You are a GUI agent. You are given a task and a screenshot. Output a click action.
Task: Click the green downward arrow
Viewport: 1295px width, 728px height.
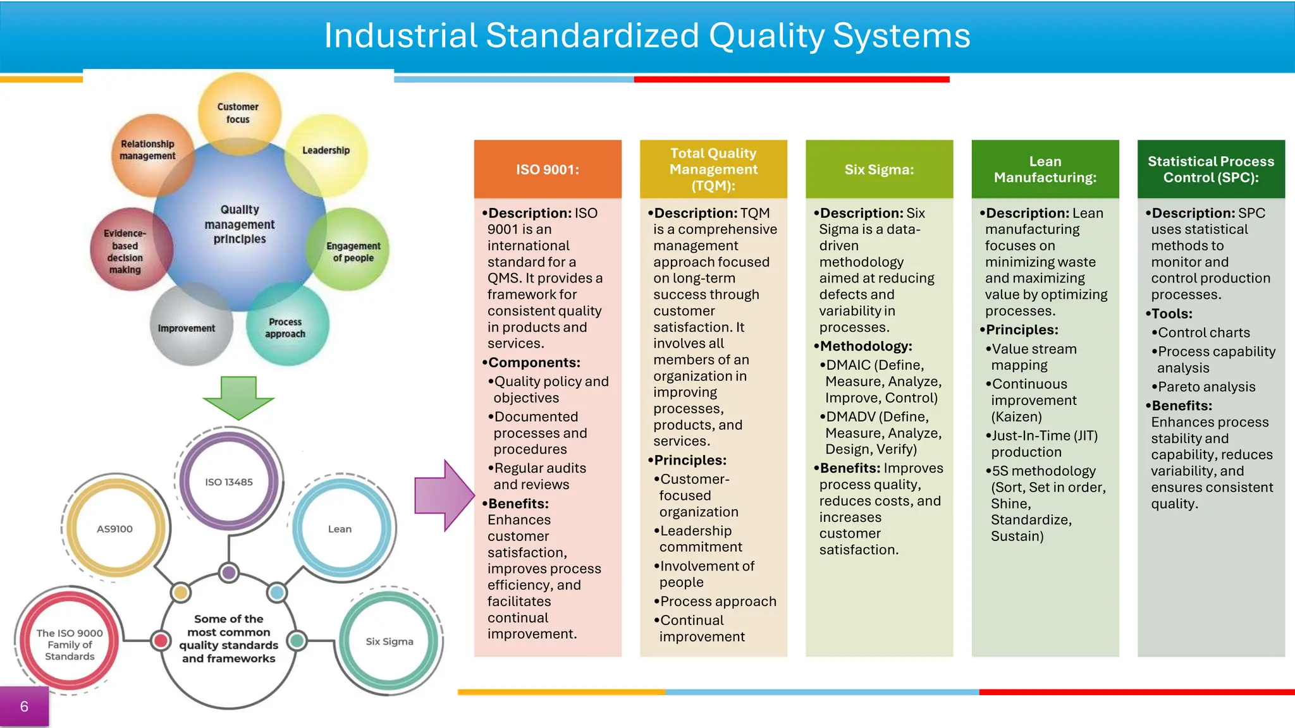[238, 397]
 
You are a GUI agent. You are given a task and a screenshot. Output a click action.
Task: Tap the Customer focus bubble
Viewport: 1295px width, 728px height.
[238, 113]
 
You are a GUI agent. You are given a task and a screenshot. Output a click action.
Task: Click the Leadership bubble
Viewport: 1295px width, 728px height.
[326, 151]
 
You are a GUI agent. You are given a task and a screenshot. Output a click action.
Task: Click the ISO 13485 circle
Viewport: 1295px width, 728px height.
[229, 482]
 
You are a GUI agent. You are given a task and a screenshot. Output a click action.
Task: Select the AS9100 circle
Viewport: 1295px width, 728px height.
[115, 529]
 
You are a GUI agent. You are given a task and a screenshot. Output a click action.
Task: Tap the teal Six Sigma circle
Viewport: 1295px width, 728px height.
[390, 641]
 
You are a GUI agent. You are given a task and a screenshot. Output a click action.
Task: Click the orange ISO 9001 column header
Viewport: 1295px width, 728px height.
[548, 169]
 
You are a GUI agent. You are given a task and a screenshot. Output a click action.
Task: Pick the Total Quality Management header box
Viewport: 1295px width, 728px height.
[713, 169]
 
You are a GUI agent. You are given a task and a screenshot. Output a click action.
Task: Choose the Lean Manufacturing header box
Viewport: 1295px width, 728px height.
[1045, 169]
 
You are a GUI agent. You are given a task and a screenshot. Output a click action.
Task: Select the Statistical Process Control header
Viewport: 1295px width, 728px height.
[1211, 169]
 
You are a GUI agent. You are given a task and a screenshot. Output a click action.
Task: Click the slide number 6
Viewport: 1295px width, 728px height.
[24, 707]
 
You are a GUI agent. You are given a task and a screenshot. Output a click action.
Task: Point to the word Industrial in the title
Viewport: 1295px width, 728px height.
[400, 35]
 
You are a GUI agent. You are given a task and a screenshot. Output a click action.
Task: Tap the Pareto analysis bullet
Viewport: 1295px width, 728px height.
[1206, 387]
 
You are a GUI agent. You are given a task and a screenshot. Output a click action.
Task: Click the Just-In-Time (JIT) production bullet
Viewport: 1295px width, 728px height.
[1045, 444]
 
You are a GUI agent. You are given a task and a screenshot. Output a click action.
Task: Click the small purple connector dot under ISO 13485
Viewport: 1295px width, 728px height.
[229, 573]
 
